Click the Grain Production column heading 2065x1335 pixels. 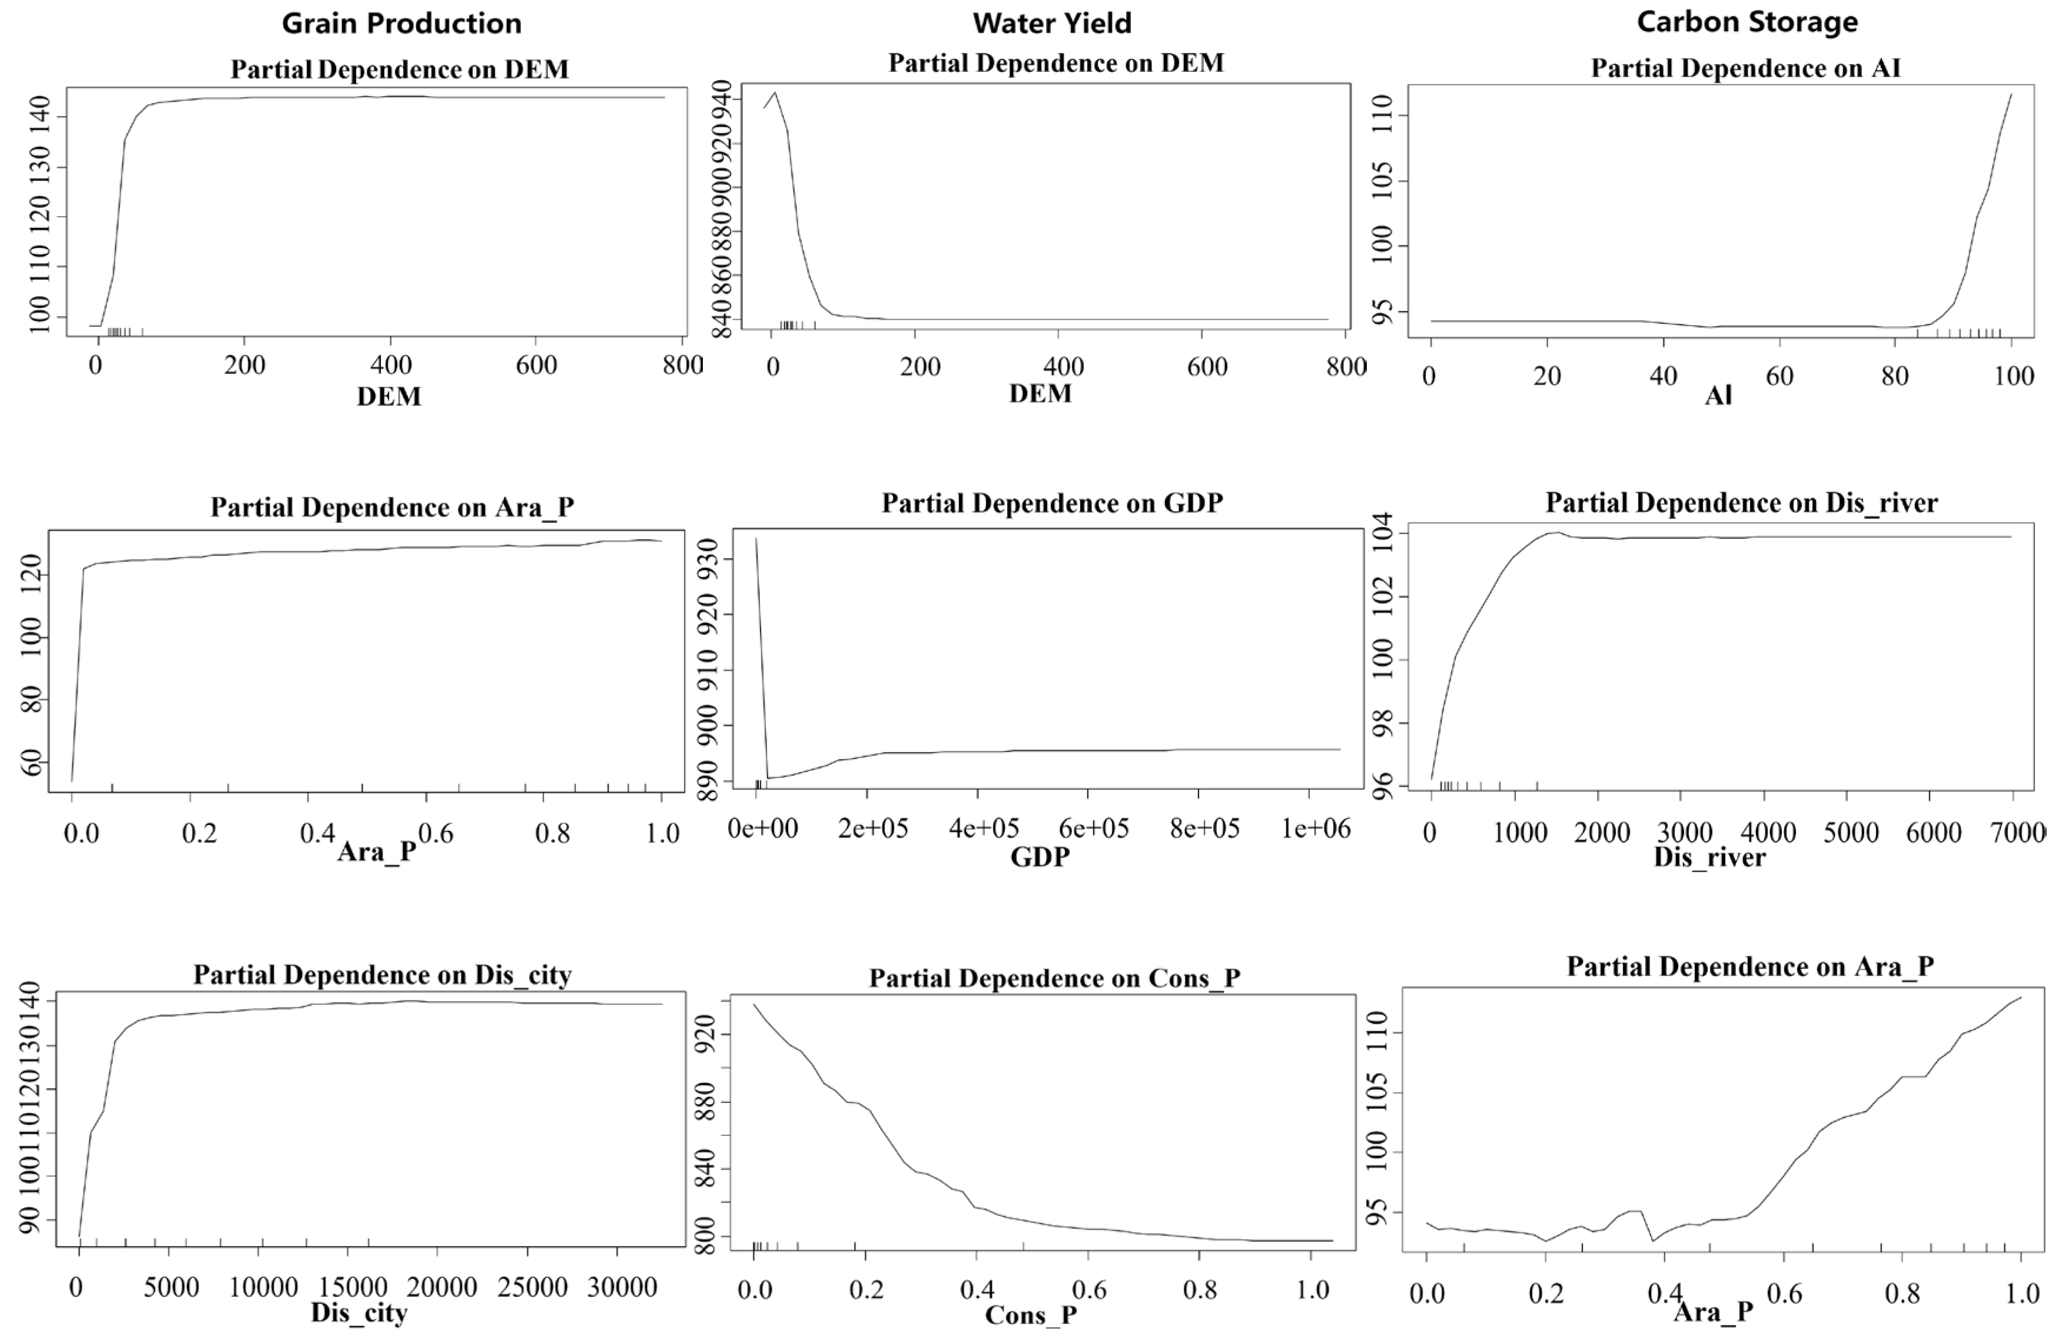[401, 24]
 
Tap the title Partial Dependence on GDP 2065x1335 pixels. [1051, 503]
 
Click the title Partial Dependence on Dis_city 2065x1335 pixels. [382, 975]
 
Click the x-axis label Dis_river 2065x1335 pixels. [1709, 857]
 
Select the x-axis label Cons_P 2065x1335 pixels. [1030, 1315]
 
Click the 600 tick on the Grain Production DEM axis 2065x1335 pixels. [536, 365]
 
